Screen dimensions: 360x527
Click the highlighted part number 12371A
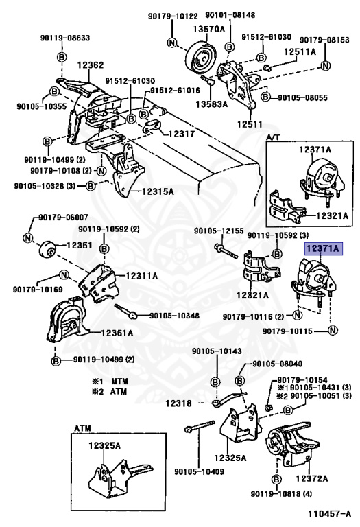point(324,248)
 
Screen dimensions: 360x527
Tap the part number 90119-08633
point(65,38)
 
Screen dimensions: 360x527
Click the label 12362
point(91,65)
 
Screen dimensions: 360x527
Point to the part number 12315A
point(158,191)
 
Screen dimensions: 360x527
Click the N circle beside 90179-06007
point(28,238)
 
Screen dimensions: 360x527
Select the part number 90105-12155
point(219,231)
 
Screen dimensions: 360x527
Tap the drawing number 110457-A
point(329,513)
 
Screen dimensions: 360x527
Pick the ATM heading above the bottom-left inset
point(82,428)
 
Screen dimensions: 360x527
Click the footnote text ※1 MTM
point(110,382)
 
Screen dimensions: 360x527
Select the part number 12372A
point(311,478)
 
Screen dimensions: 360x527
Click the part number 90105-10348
point(174,316)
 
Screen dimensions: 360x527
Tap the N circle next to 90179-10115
point(333,331)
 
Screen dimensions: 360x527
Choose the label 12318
point(178,403)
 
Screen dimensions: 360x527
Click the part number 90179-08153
point(324,40)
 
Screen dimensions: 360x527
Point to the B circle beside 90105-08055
point(265,97)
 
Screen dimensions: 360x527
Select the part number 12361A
point(117,333)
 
